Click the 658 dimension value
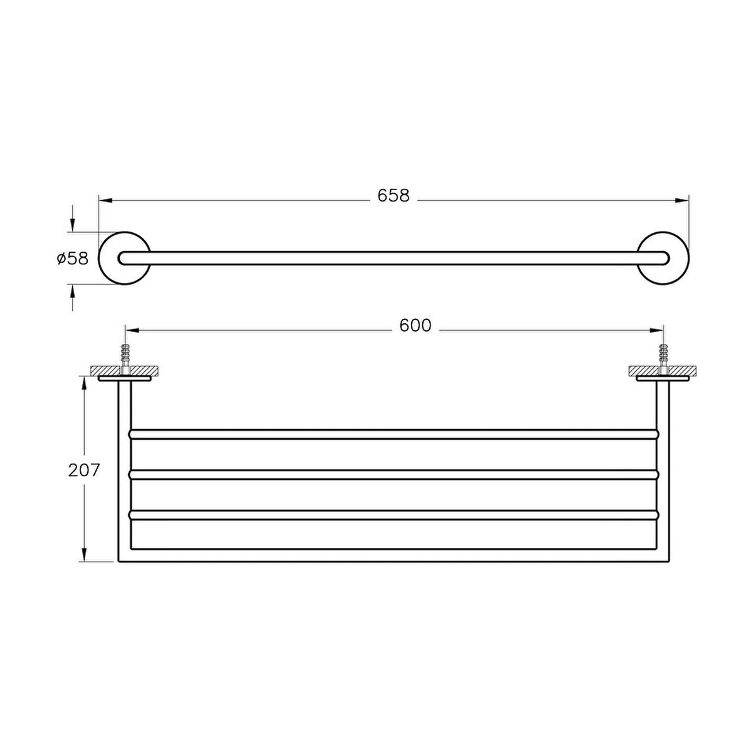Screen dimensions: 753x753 point(393,196)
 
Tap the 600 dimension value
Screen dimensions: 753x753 point(415,326)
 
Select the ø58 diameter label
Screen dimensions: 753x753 point(73,259)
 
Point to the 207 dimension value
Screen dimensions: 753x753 point(84,470)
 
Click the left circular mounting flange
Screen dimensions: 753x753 point(99,259)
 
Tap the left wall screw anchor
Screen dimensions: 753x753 point(124,358)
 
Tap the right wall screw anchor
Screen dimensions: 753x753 point(663,358)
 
